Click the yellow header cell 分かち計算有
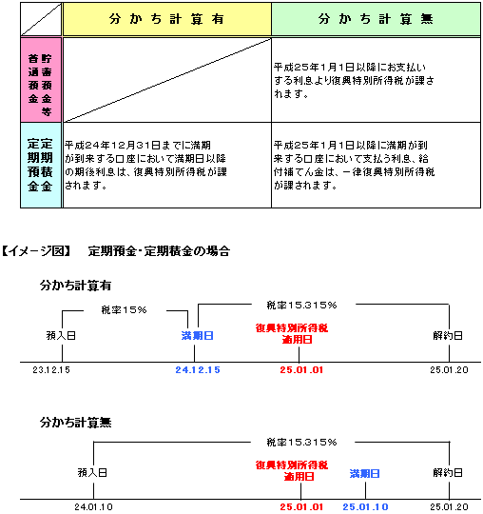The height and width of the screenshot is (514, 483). click(x=167, y=19)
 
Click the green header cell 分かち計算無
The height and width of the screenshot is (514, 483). click(x=376, y=19)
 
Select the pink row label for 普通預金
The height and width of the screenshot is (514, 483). click(x=41, y=80)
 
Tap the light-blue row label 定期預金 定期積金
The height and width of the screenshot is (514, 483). click(x=41, y=166)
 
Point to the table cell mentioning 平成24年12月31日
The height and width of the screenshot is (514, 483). click(x=167, y=166)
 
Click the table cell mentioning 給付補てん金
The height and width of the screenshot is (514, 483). click(x=376, y=166)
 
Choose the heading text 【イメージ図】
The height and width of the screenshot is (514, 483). click(x=36, y=251)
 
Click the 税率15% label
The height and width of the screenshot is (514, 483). click(x=124, y=309)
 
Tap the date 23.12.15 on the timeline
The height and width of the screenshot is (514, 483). click(x=51, y=370)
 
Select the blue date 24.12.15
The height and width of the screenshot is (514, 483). click(x=198, y=370)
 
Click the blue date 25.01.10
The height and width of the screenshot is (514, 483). click(x=365, y=507)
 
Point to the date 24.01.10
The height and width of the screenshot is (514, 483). click(x=94, y=507)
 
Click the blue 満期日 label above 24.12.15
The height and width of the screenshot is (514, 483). click(x=198, y=336)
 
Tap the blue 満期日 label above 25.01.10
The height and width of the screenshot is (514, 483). click(x=365, y=473)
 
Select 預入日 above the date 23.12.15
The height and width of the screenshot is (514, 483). click(x=61, y=336)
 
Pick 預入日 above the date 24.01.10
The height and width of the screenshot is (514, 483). click(x=92, y=473)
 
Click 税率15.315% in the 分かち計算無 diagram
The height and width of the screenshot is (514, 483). click(x=301, y=443)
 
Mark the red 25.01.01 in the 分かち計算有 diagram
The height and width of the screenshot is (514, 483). click(x=301, y=370)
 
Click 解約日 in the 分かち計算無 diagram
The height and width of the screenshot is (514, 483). click(x=448, y=473)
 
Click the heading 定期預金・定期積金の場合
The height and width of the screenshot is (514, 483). click(x=159, y=251)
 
